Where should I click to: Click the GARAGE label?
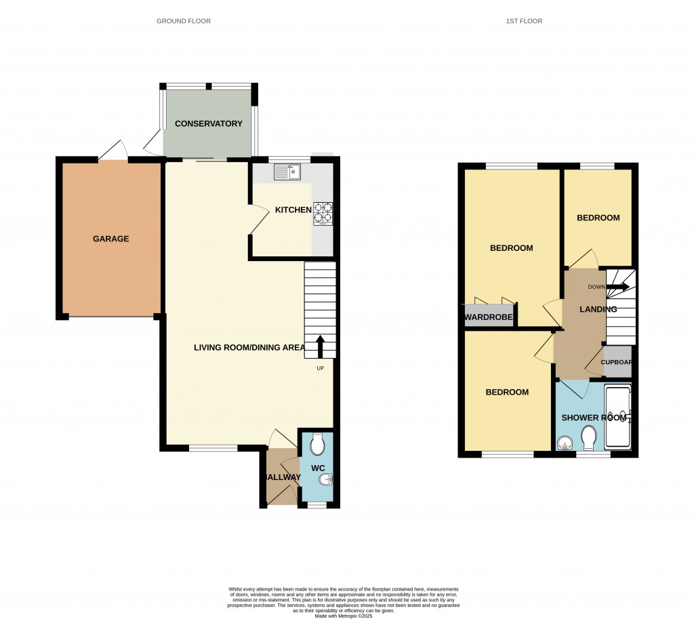(111, 239)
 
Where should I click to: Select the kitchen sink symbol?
(287, 172)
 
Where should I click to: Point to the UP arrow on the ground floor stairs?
(321, 346)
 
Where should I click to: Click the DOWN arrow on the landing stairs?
(616, 287)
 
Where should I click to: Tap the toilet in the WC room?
(317, 445)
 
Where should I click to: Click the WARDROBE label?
(489, 317)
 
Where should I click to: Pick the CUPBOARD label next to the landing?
(617, 362)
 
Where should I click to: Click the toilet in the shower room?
(588, 438)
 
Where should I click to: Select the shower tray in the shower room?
(617, 417)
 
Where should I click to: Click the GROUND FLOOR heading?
(184, 21)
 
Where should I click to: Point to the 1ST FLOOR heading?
(524, 21)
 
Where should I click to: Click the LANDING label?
(598, 309)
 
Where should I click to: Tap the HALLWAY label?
(281, 477)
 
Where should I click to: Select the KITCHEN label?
(293, 210)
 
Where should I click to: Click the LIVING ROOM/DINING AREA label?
(248, 348)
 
